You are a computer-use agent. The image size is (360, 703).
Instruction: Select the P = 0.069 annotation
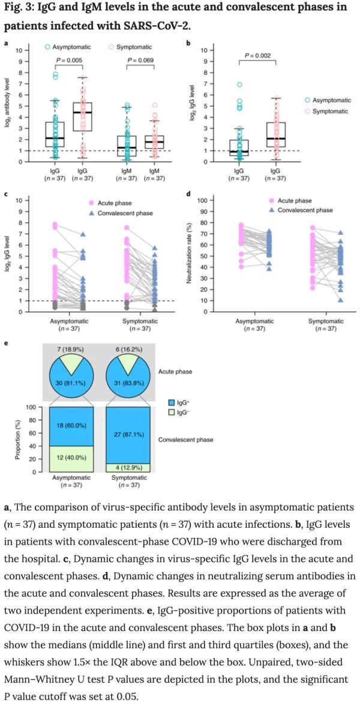pos(139,60)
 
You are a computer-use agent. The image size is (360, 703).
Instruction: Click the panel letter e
pos(6,343)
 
